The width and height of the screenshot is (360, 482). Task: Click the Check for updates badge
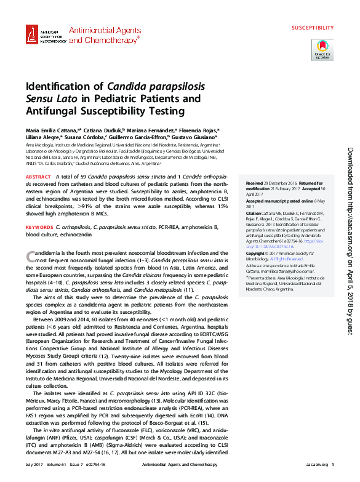click(322, 49)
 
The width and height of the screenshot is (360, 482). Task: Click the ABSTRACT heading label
click(38, 177)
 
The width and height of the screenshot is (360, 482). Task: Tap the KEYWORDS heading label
click(39, 228)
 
